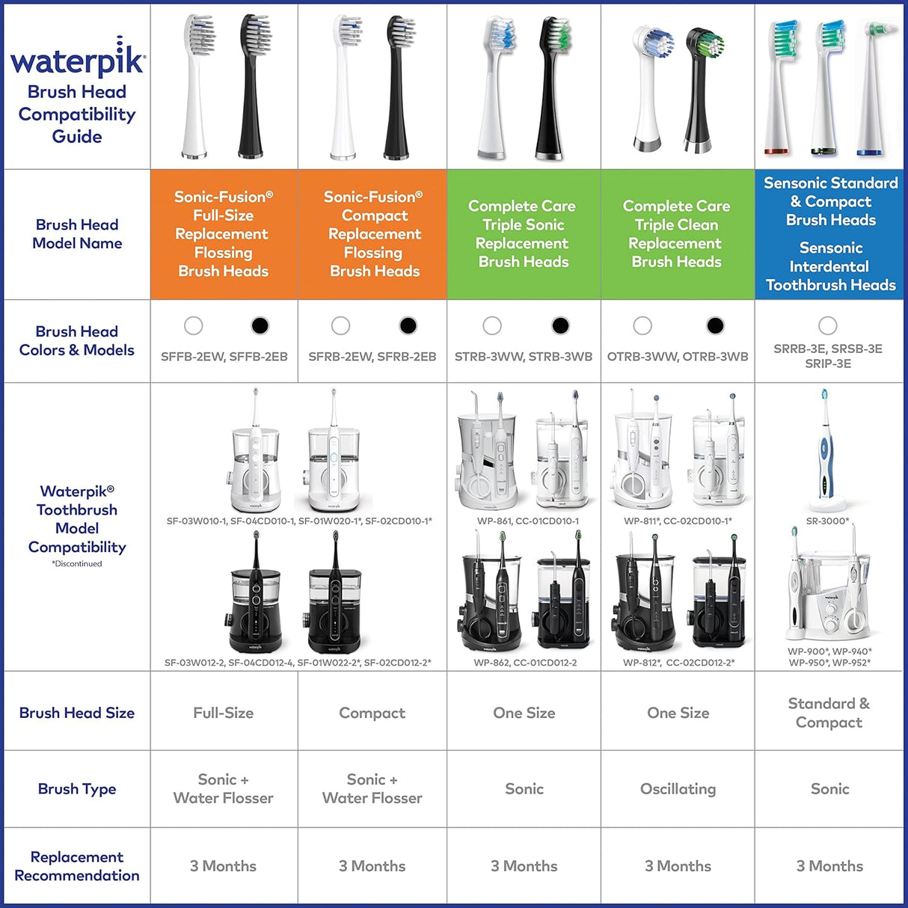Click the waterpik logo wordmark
pos(77,60)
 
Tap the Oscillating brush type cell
pos(678,789)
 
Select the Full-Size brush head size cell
pos(223,714)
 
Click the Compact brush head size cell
pos(372,714)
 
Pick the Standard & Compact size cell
pos(829,713)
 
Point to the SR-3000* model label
pos(827,521)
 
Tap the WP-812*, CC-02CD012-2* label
pos(678,663)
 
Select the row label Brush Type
pos(77,789)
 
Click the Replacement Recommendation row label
pos(77,866)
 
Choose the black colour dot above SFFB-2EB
pos(260,325)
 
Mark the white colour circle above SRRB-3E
pos(827,325)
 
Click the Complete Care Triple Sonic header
pos(523,233)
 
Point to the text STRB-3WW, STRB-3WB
pos(524,357)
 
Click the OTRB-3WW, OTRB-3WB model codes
pos(678,357)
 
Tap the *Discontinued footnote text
pos(77,564)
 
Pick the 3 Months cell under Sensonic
pos(829,866)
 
